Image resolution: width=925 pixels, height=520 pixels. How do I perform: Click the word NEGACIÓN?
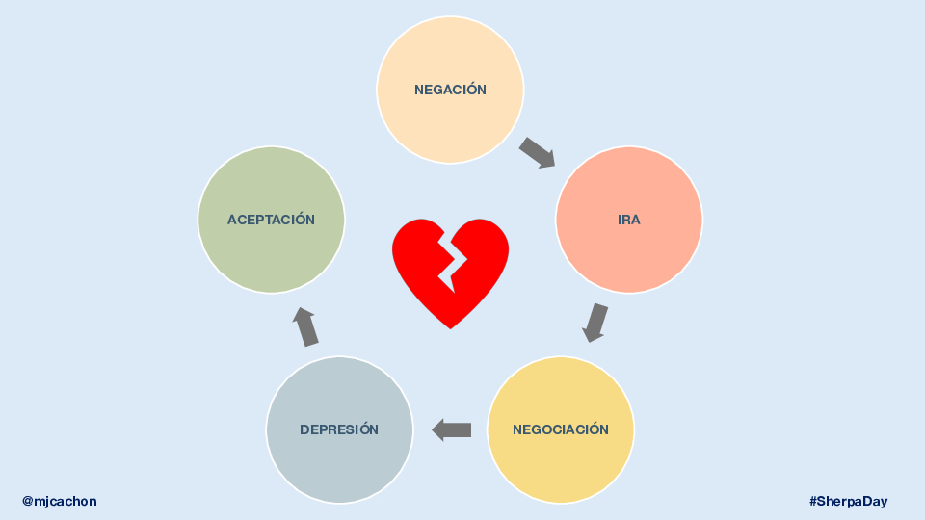coord(450,90)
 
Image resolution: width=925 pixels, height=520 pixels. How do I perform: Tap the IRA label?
coord(629,220)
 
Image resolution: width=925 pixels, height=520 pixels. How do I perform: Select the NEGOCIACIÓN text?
coord(561,429)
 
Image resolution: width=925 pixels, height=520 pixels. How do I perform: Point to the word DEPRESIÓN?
coord(339,429)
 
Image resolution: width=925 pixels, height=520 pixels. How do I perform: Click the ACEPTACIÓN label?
coord(271,220)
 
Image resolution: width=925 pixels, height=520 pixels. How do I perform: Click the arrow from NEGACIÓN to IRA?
coord(538,153)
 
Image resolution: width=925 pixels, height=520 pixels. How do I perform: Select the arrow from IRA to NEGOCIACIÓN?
coord(596,323)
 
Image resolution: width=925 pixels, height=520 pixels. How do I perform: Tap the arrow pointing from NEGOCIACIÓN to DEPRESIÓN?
coord(452,429)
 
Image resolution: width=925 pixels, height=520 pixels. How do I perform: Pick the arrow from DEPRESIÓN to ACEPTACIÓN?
coord(305,327)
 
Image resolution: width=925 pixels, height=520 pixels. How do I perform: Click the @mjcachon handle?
coord(60,501)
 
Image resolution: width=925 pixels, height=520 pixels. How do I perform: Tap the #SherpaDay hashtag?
coord(848,501)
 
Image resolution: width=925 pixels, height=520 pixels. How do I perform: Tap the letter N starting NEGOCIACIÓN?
coord(517,429)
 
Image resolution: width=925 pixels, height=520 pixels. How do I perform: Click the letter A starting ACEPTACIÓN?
coord(232,220)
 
